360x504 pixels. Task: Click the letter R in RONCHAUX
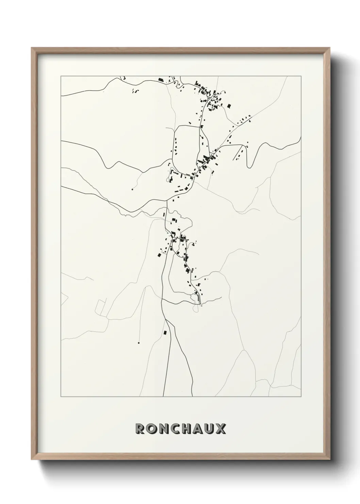click(x=140, y=429)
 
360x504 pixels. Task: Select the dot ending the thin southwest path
click(x=139, y=343)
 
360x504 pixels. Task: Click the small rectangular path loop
click(x=101, y=307)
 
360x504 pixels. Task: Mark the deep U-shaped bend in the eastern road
click(x=250, y=166)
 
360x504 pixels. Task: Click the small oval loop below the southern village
click(x=196, y=308)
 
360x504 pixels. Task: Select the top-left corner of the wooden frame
click(x=32, y=48)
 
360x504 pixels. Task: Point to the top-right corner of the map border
click(x=301, y=76)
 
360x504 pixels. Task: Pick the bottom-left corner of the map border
click(x=61, y=397)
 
